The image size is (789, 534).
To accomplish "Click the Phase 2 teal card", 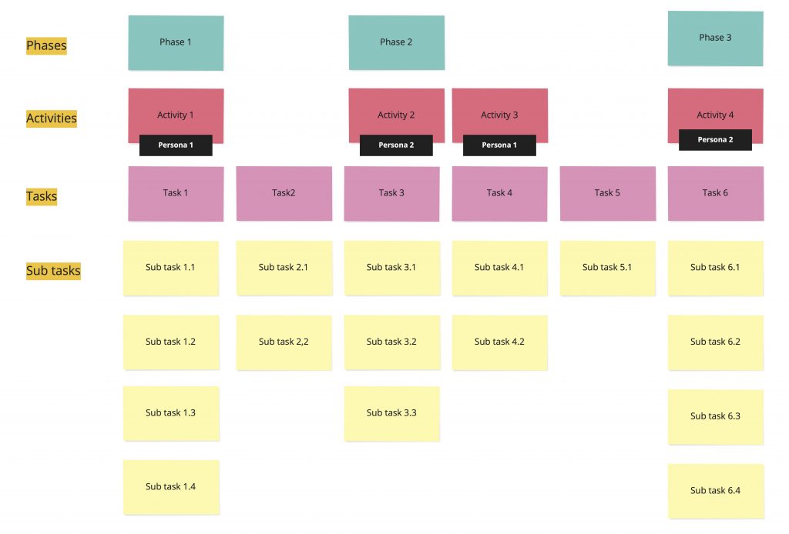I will [x=396, y=42].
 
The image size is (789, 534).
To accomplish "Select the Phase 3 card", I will [x=715, y=38].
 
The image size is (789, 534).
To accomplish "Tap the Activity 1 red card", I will [x=176, y=112].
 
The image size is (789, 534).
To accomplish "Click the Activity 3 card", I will [x=499, y=112].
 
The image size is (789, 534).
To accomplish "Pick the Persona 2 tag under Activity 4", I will [x=715, y=140].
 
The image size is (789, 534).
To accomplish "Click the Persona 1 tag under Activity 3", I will [x=499, y=145].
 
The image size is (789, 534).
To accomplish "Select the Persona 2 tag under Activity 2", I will [x=396, y=145].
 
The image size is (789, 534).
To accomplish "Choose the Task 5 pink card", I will [x=607, y=193].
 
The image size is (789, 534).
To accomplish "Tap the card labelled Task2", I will [x=284, y=193].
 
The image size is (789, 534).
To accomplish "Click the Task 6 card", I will [x=715, y=193].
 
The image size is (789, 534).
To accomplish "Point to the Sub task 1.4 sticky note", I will [x=171, y=487].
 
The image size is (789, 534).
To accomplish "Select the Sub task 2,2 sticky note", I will [x=284, y=342].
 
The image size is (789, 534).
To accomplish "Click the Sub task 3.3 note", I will [x=391, y=413].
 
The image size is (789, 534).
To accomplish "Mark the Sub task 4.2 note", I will [x=499, y=342].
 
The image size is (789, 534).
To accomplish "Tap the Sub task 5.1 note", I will [x=607, y=268].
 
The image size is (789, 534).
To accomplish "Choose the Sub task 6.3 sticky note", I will [x=715, y=416].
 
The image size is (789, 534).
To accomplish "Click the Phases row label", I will [x=46, y=46].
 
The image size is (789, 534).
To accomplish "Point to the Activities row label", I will [x=52, y=118].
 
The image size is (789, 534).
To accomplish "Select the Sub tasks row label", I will [x=53, y=271].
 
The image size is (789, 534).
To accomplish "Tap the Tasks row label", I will [x=42, y=196].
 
